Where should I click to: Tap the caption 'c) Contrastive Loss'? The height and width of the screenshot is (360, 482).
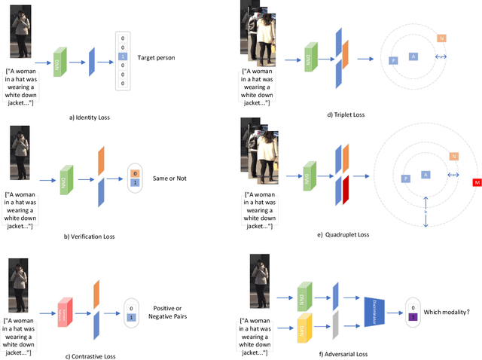(90, 355)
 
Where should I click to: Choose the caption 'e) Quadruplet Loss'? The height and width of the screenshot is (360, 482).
(343, 235)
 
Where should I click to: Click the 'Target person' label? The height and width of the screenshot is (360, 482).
(157, 57)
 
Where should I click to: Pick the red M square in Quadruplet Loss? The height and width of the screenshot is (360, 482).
(477, 182)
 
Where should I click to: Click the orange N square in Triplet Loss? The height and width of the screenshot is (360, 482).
(441, 38)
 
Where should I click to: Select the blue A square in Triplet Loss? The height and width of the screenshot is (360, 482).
(413, 56)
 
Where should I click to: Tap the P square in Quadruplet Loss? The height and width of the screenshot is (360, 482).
(405, 178)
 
